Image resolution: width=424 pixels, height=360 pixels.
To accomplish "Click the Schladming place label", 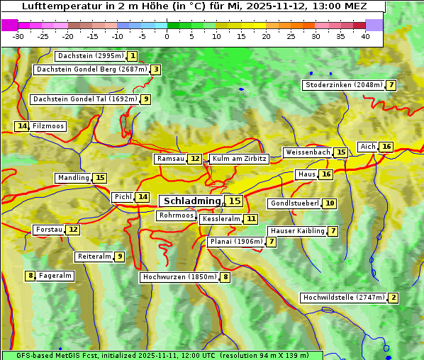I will [191, 201].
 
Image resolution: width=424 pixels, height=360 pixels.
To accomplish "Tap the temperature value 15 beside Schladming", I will [235, 201].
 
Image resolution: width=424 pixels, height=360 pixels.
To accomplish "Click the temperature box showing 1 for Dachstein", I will [133, 56].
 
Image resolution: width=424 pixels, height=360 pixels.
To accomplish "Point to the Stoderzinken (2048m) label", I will [343, 85].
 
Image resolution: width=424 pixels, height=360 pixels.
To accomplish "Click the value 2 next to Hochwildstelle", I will [394, 298].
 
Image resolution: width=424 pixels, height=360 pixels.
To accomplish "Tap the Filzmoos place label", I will [48, 126].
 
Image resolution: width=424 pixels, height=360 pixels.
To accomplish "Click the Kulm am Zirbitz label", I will [239, 159].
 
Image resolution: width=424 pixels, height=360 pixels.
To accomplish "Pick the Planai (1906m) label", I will [235, 242].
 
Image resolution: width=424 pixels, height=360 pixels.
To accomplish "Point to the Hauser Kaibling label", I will [297, 231].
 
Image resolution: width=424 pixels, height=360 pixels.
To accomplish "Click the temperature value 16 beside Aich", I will [386, 147].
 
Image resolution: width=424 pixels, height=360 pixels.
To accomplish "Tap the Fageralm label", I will [55, 276].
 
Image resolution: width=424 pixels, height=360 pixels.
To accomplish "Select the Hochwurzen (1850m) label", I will [179, 277].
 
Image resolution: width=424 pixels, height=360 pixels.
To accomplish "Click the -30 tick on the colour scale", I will [18, 36].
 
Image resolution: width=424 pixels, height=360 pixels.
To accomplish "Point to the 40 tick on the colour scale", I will [365, 36].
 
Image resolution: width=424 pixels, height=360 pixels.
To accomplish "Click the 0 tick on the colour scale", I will [167, 36].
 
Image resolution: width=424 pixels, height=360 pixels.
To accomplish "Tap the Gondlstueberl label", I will [294, 203].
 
